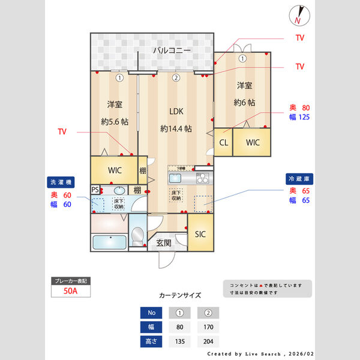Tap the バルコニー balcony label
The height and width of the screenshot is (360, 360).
[x=172, y=50]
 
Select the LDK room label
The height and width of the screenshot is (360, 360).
[x=176, y=111]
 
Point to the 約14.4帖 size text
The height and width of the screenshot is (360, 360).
[x=176, y=128]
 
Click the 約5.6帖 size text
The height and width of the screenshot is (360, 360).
[x=115, y=121]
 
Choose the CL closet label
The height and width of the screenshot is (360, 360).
[x=223, y=143]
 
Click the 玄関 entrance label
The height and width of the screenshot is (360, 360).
[x=164, y=243]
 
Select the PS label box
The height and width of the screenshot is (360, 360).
[x=95, y=190]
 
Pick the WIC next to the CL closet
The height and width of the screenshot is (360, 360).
[x=252, y=143]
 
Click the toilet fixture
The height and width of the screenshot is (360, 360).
[x=137, y=238]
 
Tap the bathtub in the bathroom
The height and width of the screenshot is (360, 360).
[x=109, y=243]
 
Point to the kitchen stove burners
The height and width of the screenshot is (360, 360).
[x=202, y=178]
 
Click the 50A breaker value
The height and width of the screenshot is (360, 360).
[x=71, y=292]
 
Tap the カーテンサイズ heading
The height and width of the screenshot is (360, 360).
[x=180, y=296]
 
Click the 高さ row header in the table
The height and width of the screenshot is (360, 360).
[x=151, y=342]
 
